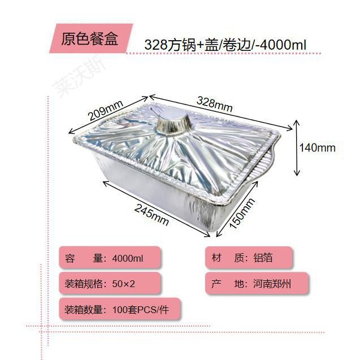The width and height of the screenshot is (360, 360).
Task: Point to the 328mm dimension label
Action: pyautogui.click(x=214, y=105)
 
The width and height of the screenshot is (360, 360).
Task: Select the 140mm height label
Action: pyautogui.click(x=317, y=148)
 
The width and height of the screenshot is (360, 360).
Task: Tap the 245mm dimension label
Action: pyautogui.click(x=151, y=212)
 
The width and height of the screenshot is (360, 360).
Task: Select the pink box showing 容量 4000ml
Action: pyautogui.click(x=111, y=258)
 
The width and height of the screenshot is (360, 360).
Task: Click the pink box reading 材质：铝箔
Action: pyautogui.click(x=249, y=258)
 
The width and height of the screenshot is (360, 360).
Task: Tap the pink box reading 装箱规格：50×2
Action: pyautogui.click(x=111, y=283)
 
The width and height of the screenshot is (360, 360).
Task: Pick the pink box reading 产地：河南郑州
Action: pyautogui.click(x=249, y=283)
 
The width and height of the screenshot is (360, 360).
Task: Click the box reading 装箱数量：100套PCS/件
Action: pyautogui.click(x=119, y=309)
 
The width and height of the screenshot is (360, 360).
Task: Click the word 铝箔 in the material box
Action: pyautogui.click(x=263, y=258)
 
